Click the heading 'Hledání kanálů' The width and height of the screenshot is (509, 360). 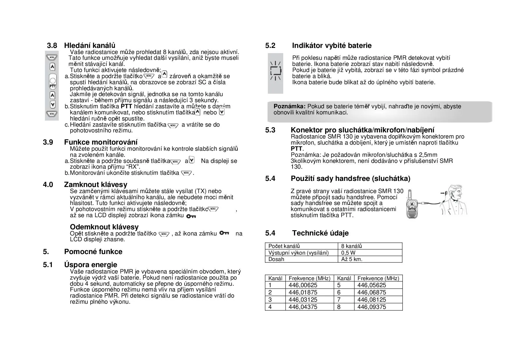click(90, 46)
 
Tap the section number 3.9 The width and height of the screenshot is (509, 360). click(48, 142)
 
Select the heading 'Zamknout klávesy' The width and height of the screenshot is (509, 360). click(95, 185)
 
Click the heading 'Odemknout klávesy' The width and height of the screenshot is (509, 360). click(104, 227)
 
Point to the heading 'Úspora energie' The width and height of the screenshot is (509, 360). click(91, 265)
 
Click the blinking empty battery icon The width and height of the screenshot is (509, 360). click(275, 71)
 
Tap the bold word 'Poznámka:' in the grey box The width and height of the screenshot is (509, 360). click(289, 107)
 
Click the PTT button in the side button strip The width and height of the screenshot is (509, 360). click(53, 83)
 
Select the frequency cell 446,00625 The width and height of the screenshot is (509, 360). click(303, 285)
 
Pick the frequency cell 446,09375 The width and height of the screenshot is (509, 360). click(371, 307)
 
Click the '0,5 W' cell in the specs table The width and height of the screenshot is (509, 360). click(348, 253)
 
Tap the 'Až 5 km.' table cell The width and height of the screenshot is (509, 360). click(352, 259)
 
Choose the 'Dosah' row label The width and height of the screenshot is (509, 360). click(276, 259)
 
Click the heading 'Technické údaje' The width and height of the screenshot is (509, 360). click(320, 233)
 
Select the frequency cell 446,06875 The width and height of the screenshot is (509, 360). click(371, 292)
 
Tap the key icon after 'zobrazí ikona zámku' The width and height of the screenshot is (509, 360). click(191, 216)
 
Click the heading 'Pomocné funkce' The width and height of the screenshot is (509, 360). click(93, 252)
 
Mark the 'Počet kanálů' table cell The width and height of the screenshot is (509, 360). click(284, 246)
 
